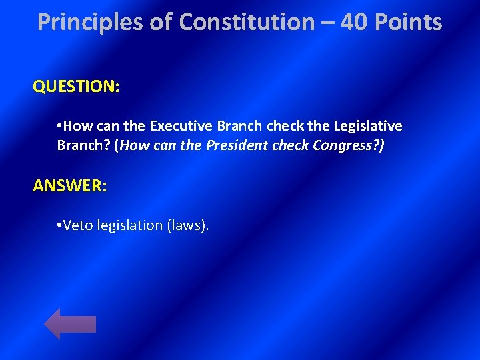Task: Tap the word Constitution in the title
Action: [x=247, y=23]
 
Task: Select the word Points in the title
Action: [x=407, y=23]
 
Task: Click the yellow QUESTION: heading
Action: [x=76, y=87]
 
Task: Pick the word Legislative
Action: [x=368, y=126]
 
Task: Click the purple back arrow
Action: [x=70, y=324]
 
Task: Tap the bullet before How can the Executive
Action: [x=60, y=126]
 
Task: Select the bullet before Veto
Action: [x=60, y=225]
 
